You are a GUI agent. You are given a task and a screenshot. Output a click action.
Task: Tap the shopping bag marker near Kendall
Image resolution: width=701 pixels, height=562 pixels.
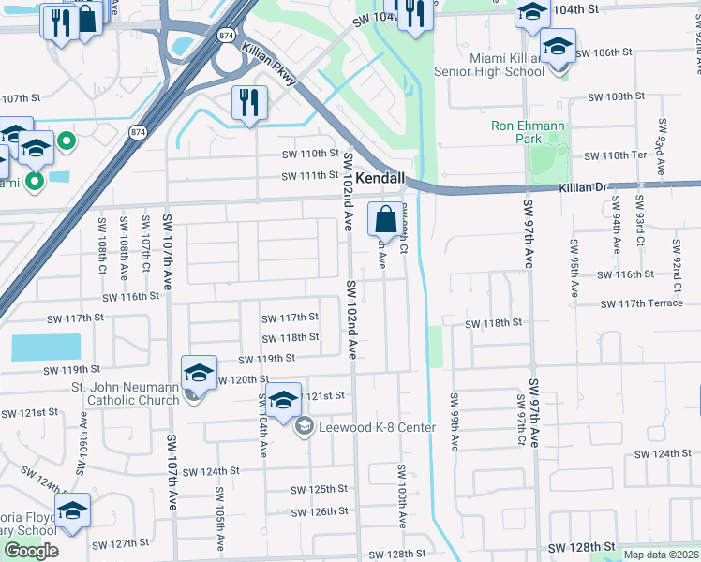pos(385,221)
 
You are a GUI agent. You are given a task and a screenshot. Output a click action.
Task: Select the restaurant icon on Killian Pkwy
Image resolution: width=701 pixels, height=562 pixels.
pos(249,104)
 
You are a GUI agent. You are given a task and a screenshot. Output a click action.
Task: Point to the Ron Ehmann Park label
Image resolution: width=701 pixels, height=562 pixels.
pos(516,132)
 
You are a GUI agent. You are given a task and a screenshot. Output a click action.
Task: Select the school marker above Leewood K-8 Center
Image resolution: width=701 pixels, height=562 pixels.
pos(283,402)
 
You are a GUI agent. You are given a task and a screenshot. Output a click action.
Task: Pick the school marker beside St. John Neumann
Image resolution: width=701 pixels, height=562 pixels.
pos(199,374)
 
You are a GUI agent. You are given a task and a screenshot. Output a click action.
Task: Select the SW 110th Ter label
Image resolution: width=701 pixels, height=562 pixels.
pos(615,155)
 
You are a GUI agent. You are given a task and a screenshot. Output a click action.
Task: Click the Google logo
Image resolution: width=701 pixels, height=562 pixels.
pos(31,550)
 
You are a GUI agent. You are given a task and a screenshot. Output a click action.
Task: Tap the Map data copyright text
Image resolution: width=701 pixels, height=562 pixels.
pos(662,555)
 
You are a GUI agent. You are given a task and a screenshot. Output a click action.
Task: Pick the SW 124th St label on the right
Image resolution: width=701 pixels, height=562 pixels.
pos(663,454)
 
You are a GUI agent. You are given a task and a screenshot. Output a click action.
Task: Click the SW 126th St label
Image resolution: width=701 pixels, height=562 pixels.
pos(320,511)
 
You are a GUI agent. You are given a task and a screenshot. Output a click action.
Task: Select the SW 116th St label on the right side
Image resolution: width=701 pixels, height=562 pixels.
pos(627,274)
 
